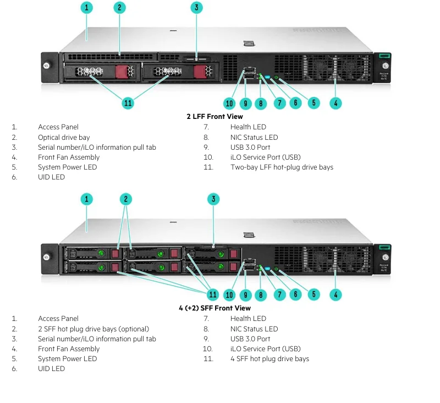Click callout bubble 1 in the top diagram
(x=86, y=8)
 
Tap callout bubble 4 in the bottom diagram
(x=335, y=295)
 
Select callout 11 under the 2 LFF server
(x=128, y=102)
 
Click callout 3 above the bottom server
(x=213, y=199)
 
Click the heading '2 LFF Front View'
(x=215, y=117)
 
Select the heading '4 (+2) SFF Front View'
(x=215, y=308)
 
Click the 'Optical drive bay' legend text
(x=64, y=137)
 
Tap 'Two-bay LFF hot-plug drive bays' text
(x=282, y=167)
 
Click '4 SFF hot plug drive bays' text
(x=269, y=359)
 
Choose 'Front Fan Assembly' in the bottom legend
(x=69, y=349)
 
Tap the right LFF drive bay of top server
(x=179, y=72)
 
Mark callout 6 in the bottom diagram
(x=295, y=295)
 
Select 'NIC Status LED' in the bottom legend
(x=254, y=329)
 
